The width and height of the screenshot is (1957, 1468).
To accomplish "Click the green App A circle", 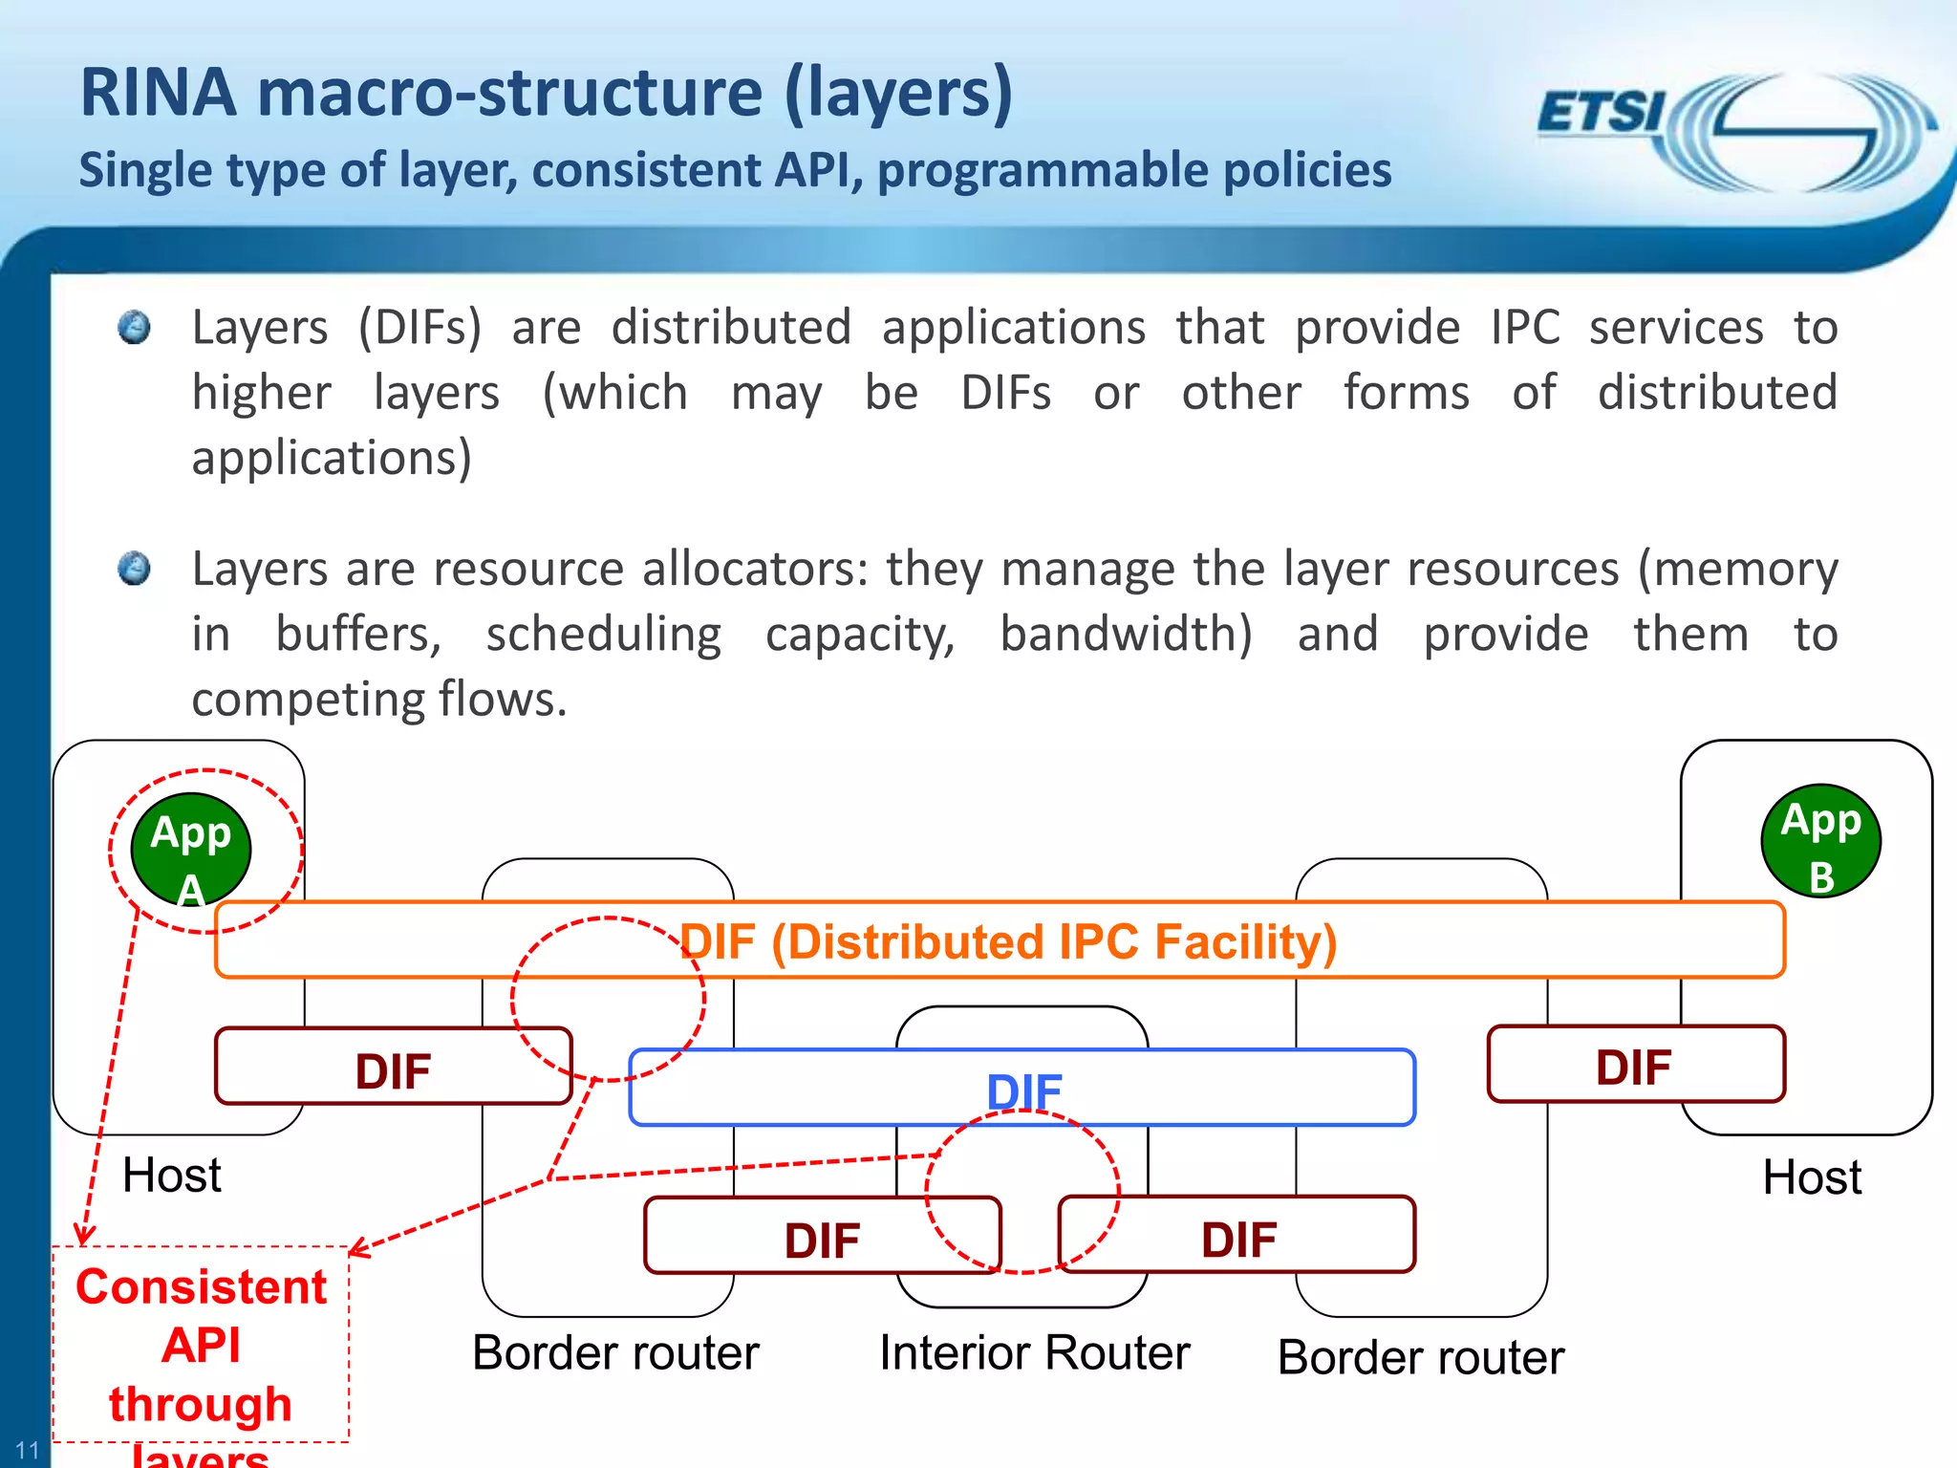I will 190,849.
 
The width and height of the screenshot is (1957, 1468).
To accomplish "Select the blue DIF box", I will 1022,1089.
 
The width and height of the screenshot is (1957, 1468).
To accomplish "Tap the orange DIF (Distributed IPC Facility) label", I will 1007,941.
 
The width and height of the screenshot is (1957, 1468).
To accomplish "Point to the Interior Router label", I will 1034,1352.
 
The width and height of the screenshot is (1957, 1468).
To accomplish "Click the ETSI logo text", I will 1601,113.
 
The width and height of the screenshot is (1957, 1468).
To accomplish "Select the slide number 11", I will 27,1450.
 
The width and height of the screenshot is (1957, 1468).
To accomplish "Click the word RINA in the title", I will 158,93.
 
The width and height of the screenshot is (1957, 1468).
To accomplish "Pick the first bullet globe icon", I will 135,327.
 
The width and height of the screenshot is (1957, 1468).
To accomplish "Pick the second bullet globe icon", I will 135,568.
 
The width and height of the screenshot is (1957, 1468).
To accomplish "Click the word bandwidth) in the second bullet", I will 1126,634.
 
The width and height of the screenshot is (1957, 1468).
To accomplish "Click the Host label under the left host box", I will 172,1175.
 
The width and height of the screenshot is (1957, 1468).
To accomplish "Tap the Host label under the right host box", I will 1811,1177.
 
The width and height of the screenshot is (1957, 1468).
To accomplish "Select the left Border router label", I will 615,1352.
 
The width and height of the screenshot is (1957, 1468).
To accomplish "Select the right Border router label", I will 1420,1357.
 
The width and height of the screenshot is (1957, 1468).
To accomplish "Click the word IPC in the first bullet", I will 1525,328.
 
